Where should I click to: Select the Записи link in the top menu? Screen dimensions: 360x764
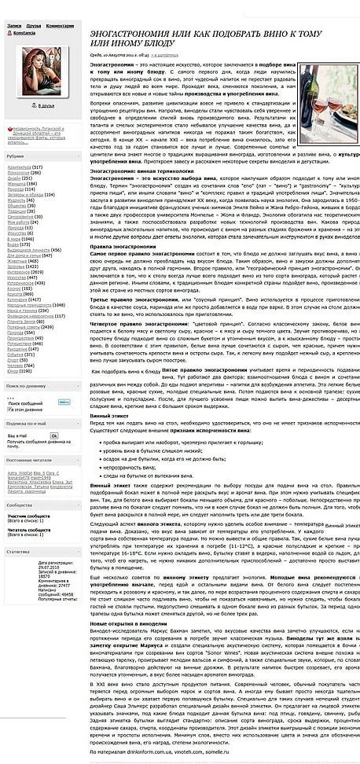click(x=14, y=25)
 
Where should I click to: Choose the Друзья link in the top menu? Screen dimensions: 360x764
click(x=32, y=25)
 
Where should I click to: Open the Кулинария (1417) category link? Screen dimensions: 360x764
click(x=24, y=299)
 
